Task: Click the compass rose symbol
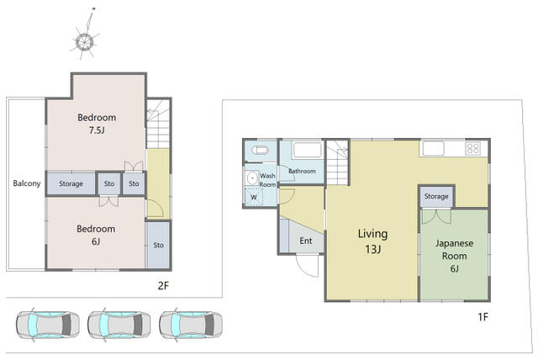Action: click(84, 41)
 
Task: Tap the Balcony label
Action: click(27, 183)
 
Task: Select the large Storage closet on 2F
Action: click(71, 183)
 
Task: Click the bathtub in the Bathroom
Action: click(307, 150)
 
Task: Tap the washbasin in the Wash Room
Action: click(252, 178)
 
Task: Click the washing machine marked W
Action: click(254, 197)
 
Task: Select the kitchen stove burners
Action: click(472, 148)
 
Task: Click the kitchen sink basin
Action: click(434, 149)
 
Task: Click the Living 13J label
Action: click(373, 241)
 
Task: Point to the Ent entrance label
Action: click(306, 241)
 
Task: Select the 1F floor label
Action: click(483, 317)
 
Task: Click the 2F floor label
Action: click(163, 285)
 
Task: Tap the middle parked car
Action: click(119, 325)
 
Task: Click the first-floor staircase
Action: click(338, 162)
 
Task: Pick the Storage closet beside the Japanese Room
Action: click(436, 196)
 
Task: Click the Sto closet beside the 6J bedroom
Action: click(158, 245)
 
